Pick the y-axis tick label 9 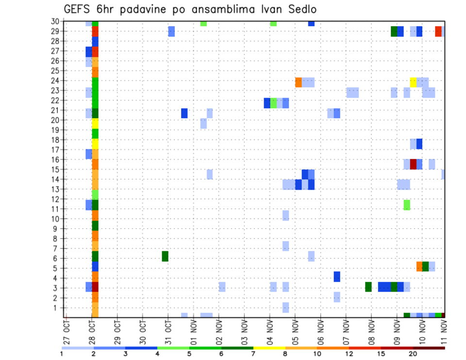[x=57, y=229]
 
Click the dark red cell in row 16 [x=413, y=164]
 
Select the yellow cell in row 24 [x=413, y=82]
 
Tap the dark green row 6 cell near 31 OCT [x=165, y=256]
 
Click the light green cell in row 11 [x=407, y=205]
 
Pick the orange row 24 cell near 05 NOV [x=299, y=82]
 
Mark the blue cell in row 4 [x=337, y=277]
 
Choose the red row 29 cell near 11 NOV [x=438, y=31]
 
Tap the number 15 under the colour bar [x=381, y=354]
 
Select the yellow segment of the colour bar [x=269, y=348]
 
